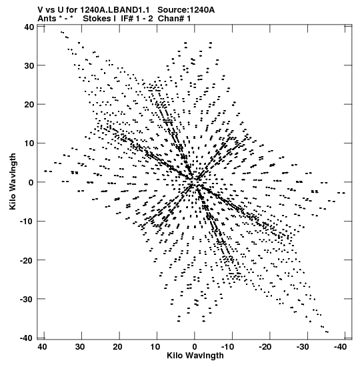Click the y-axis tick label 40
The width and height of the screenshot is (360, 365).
(29, 27)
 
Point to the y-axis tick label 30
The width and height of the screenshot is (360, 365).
(29, 66)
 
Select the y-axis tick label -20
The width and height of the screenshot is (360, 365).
(27, 260)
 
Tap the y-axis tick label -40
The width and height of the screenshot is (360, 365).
(27, 338)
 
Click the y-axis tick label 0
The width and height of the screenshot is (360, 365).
(31, 183)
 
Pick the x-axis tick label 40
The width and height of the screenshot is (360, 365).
(42, 347)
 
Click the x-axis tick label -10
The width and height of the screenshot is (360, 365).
(228, 347)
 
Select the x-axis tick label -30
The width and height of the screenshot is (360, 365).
(303, 347)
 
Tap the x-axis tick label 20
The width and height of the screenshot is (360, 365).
(117, 347)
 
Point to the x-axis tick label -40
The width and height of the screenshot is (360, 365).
(341, 347)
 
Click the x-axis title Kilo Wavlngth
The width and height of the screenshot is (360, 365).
(195, 356)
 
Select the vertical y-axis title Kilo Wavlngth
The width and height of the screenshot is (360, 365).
(13, 181)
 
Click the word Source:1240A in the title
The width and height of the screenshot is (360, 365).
(186, 10)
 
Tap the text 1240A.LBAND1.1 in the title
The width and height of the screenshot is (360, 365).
(115, 10)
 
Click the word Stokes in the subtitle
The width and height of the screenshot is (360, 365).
(97, 19)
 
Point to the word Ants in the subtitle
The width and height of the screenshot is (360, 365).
(47, 19)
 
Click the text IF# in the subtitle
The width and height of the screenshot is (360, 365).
(127, 19)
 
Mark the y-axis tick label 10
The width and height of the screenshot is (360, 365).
(29, 143)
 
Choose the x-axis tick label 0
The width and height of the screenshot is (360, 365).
(195, 347)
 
